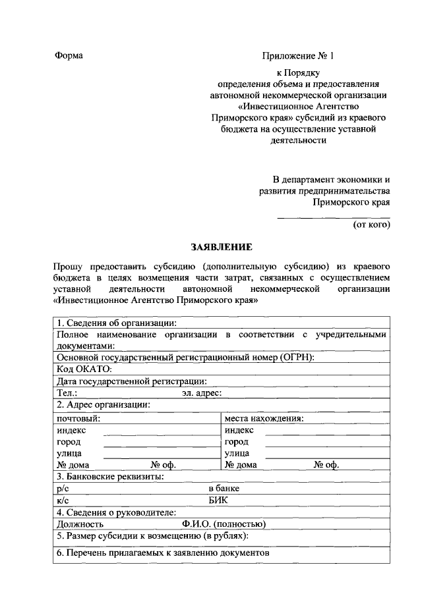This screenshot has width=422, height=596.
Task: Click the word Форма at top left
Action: (69, 55)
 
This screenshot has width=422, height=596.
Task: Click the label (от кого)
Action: (372, 225)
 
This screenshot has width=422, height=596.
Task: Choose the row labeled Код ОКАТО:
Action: (84, 369)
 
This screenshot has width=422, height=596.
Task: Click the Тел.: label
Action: (67, 393)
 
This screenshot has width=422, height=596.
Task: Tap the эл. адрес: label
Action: (202, 393)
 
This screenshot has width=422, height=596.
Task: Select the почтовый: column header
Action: (78, 418)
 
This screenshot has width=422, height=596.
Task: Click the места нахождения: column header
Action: (264, 418)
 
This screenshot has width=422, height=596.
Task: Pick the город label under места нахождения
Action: (237, 442)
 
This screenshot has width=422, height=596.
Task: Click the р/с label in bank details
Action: (63, 489)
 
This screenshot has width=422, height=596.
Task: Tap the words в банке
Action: (224, 489)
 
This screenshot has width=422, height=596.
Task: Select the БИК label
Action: (218, 501)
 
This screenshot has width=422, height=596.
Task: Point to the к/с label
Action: (63, 501)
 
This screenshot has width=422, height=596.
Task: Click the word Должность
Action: (80, 524)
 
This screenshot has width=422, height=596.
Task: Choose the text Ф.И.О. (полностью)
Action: (224, 524)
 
